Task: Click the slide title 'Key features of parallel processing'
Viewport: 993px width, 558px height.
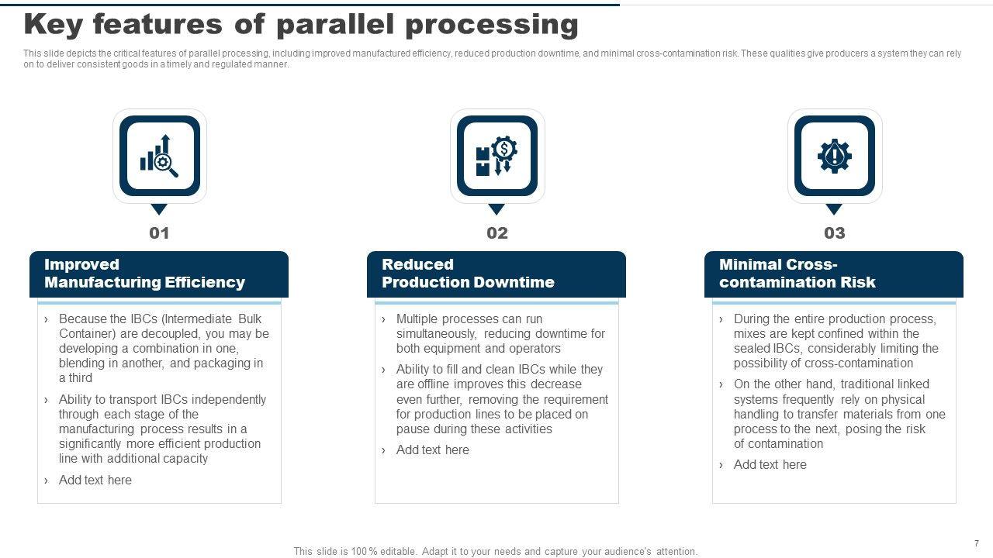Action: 301,26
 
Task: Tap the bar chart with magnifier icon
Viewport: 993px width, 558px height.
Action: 159,156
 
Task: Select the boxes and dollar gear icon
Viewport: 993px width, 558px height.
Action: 496,156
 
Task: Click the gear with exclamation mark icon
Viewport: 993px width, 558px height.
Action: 834,156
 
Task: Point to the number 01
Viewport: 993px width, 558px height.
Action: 159,233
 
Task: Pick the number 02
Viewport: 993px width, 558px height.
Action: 496,233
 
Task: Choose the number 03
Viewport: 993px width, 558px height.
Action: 834,233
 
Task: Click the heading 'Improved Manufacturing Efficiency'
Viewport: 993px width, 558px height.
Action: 144,274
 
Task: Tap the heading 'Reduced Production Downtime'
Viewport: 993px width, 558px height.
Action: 468,274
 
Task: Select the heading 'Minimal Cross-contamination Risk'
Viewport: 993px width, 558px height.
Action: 797,274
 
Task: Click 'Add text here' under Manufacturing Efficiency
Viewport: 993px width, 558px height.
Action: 95,480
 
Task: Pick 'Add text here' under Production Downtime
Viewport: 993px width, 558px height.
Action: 432,450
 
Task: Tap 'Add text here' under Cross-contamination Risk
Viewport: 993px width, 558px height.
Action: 770,465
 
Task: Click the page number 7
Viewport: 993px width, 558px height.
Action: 976,543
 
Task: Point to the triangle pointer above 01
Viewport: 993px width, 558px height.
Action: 159,208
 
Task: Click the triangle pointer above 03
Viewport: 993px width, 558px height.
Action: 834,208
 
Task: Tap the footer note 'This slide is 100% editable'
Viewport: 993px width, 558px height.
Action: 495,552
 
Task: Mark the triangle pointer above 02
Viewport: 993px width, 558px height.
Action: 496,208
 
